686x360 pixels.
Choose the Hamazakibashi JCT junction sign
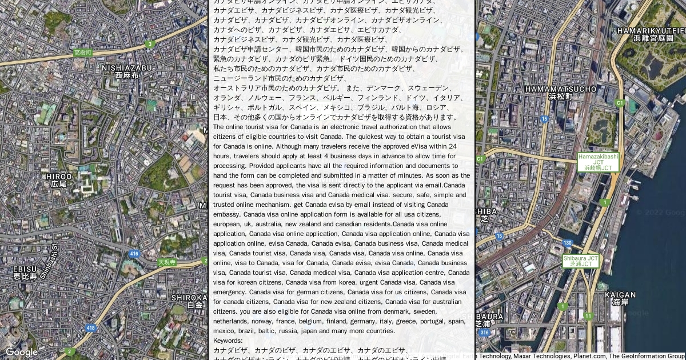(598, 162)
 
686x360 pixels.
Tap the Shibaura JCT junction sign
(580, 261)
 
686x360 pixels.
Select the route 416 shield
(134, 254)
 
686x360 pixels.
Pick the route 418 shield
(90, 327)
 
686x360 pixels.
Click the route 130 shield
(567, 243)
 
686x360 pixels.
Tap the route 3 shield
(150, 44)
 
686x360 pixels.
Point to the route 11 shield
(588, 316)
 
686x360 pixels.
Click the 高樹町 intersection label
(83, 53)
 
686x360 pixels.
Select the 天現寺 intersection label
(167, 262)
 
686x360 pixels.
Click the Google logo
(21, 352)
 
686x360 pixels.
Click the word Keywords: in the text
(228, 341)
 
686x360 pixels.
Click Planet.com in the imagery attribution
(589, 356)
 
